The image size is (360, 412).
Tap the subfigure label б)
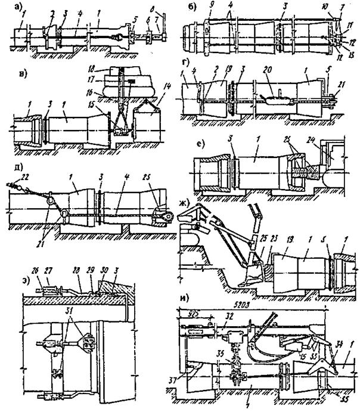click(186, 9)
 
